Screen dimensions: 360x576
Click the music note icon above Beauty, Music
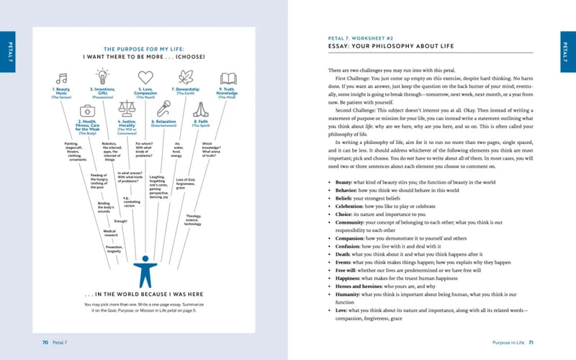(x=62, y=78)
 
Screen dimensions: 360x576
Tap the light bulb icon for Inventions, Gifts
(x=102, y=76)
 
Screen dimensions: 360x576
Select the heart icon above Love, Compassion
(x=145, y=77)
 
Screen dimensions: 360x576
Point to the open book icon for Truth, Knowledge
(x=228, y=78)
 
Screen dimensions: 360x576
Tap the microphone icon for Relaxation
(x=164, y=109)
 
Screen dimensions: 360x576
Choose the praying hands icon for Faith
(x=201, y=109)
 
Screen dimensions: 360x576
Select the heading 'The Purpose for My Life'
(x=146, y=46)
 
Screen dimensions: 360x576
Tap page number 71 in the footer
(x=531, y=342)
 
